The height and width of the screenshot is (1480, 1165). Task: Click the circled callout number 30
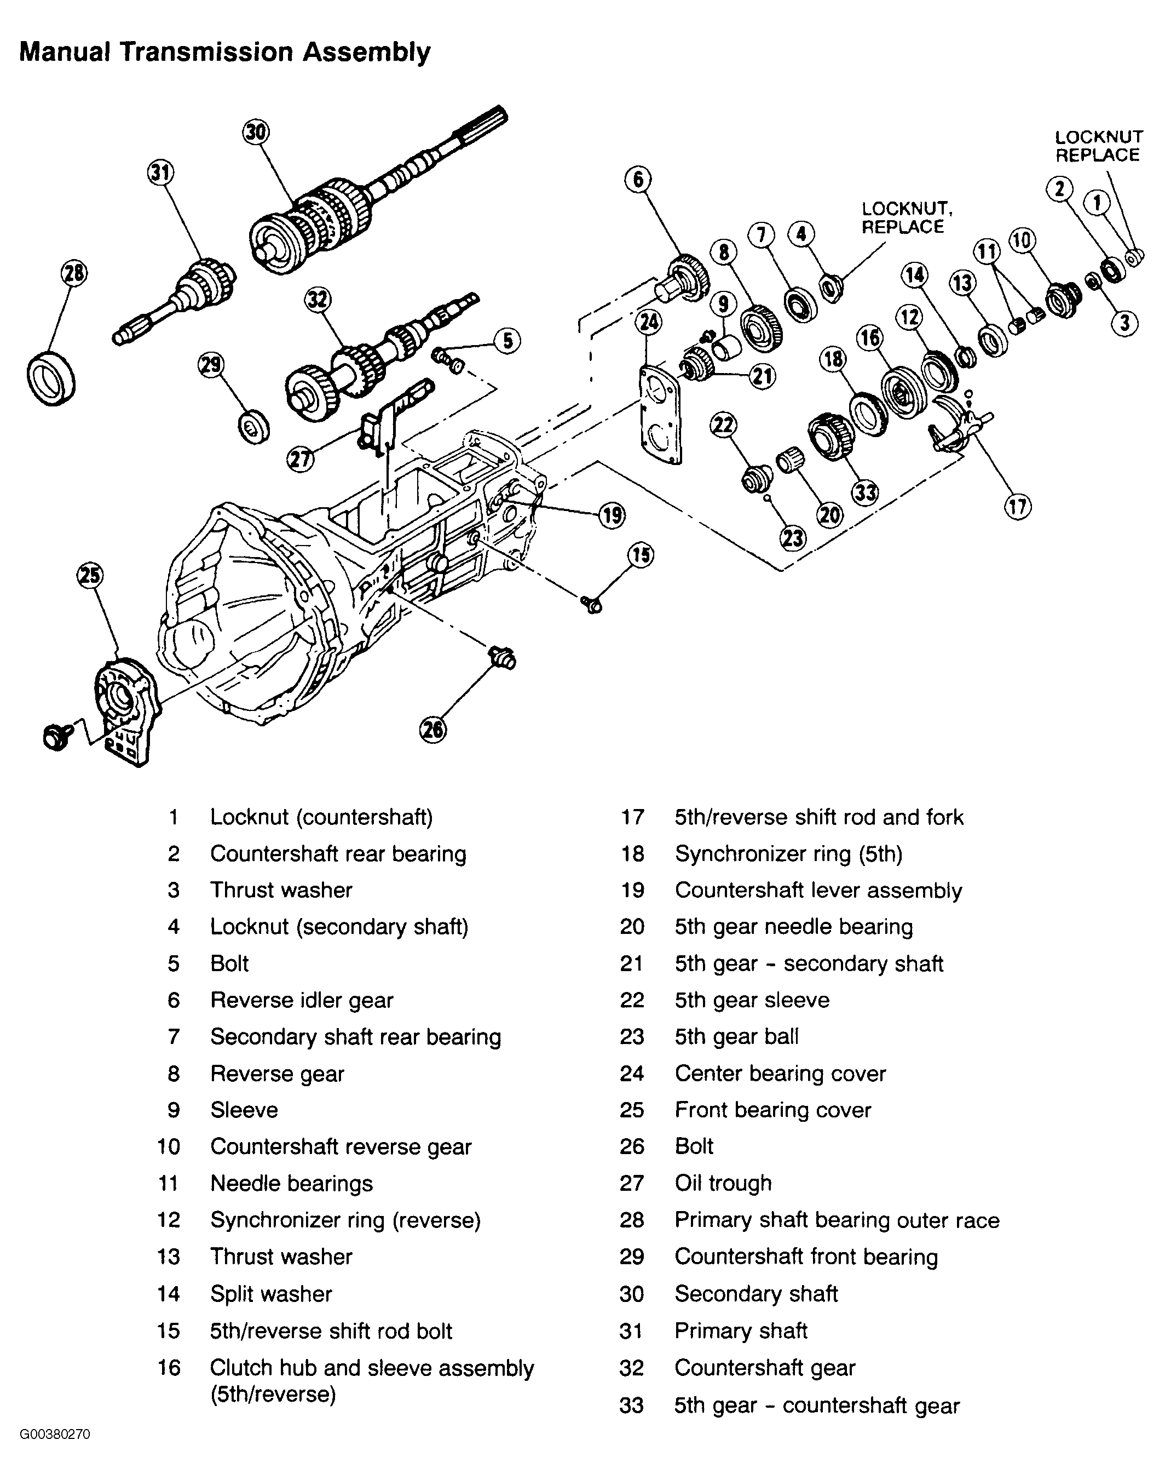[256, 131]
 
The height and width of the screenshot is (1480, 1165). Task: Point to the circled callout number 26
[432, 731]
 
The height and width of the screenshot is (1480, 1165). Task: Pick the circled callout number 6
[638, 180]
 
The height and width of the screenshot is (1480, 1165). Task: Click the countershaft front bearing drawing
[253, 428]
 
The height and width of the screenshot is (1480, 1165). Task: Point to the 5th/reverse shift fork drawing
[955, 427]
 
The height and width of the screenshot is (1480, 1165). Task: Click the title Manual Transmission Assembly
[225, 52]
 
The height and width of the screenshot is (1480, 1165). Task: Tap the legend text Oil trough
[723, 1183]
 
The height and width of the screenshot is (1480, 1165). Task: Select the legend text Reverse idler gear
[302, 1000]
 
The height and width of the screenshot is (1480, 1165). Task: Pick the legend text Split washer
[271, 1294]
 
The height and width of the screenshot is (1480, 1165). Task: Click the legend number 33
[632, 1406]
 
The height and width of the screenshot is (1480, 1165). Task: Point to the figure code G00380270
[55, 1453]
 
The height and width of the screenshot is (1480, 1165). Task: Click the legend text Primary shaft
[741, 1330]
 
